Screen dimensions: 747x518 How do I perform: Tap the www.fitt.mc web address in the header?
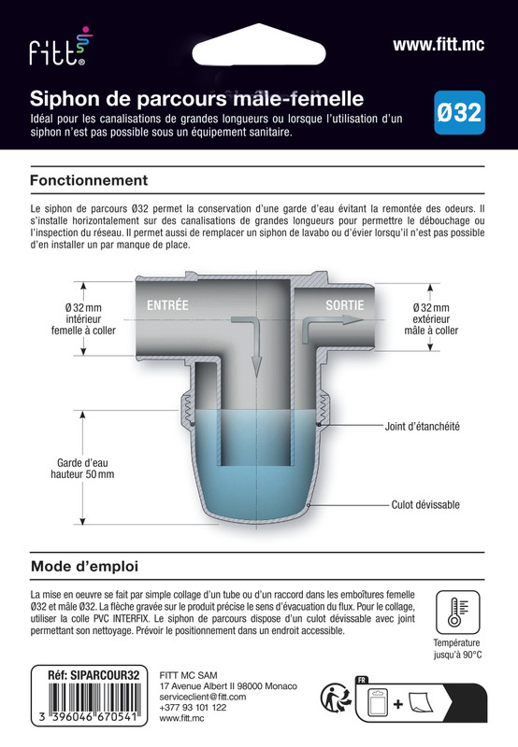tap(438, 44)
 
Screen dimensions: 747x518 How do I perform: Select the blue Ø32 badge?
tap(460, 114)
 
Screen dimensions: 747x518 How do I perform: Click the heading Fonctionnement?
tap(89, 179)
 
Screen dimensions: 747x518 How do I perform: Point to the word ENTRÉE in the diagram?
tap(167, 305)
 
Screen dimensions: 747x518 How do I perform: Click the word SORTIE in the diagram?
tap(345, 305)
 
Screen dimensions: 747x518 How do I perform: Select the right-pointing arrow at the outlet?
tap(329, 319)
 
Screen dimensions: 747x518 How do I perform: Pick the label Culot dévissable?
tap(425, 504)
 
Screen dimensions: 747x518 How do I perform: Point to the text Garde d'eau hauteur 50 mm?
tap(82, 468)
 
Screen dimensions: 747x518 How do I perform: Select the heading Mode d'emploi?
tap(85, 566)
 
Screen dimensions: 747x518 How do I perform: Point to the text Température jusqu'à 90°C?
tap(456, 649)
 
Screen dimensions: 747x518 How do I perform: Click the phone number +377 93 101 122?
tap(193, 708)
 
